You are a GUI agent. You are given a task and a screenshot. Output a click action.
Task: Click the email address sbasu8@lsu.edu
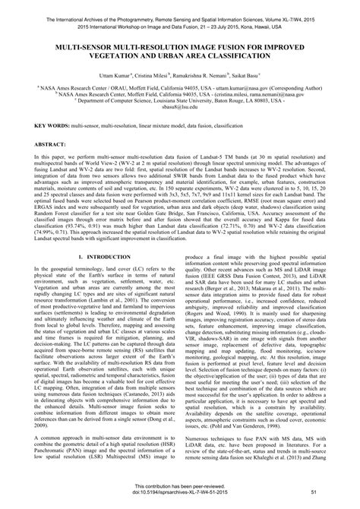[180, 108]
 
